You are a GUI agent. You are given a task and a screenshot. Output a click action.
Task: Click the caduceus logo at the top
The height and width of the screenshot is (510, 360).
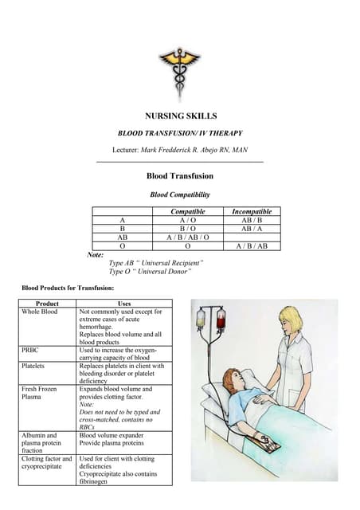[180, 67]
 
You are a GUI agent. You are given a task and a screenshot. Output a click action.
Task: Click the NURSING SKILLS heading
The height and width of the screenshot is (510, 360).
[180, 116]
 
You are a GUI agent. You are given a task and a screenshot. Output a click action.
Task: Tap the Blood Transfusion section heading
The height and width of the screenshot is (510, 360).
[180, 176]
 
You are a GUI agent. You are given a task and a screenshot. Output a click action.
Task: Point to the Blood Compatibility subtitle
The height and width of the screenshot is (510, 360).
[180, 194]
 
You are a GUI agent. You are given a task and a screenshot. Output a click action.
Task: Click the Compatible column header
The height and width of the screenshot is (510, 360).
[188, 211]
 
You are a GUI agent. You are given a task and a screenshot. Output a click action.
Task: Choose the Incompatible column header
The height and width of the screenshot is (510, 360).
[251, 211]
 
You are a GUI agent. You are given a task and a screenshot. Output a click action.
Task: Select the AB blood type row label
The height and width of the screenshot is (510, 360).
[122, 237]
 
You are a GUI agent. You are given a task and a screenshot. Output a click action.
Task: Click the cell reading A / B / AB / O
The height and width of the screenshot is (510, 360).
[188, 237]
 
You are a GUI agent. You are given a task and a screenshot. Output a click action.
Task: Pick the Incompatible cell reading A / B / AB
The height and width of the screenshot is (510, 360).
[251, 246]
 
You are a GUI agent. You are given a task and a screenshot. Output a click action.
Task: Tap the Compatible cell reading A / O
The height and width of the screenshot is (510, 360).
[188, 220]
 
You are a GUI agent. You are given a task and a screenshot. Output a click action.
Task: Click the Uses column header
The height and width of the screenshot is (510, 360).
[123, 304]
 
